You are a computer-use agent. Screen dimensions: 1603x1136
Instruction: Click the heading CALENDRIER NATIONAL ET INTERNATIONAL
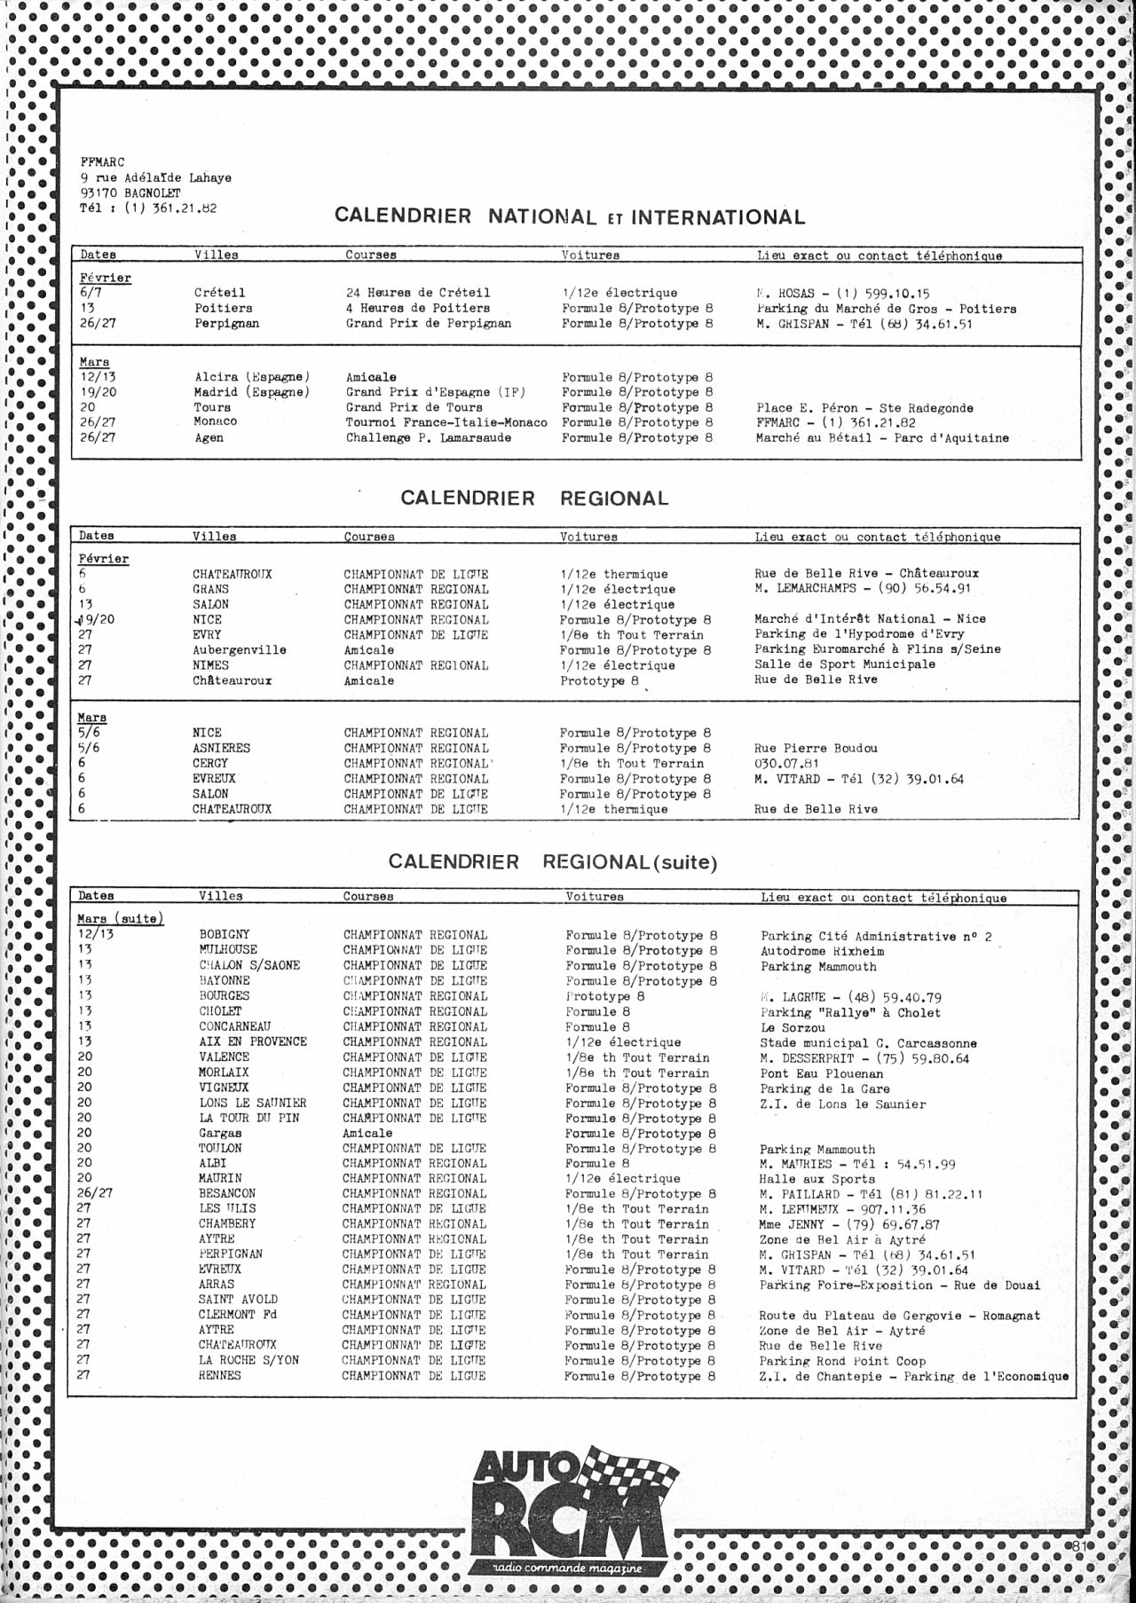(570, 216)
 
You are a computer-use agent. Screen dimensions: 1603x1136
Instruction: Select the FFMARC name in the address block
(103, 161)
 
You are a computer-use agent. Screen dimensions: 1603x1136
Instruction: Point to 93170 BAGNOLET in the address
(130, 193)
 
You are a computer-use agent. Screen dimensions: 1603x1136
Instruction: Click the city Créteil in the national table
(219, 293)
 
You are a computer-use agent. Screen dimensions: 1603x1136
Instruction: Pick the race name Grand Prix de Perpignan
(428, 323)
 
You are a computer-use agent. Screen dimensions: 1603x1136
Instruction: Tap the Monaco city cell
(216, 421)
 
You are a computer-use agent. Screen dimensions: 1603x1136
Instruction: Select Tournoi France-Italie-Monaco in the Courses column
(446, 422)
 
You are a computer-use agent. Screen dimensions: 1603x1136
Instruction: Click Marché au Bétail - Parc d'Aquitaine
(882, 437)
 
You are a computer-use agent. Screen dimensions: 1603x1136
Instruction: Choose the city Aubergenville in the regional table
(239, 650)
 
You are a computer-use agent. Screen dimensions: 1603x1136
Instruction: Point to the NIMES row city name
(210, 665)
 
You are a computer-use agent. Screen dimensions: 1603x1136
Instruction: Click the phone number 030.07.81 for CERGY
(786, 763)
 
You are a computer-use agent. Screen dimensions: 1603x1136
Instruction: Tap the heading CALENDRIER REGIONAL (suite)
(552, 861)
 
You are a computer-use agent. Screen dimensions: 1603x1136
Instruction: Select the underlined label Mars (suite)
(121, 918)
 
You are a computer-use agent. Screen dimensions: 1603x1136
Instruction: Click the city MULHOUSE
(228, 950)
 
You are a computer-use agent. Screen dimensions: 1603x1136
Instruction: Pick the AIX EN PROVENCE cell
(253, 1041)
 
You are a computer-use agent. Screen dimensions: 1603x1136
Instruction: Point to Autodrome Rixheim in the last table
(822, 951)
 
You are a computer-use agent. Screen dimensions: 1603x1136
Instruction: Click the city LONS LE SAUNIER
(252, 1103)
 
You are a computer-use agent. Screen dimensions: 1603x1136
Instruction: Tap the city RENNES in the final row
(219, 1375)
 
